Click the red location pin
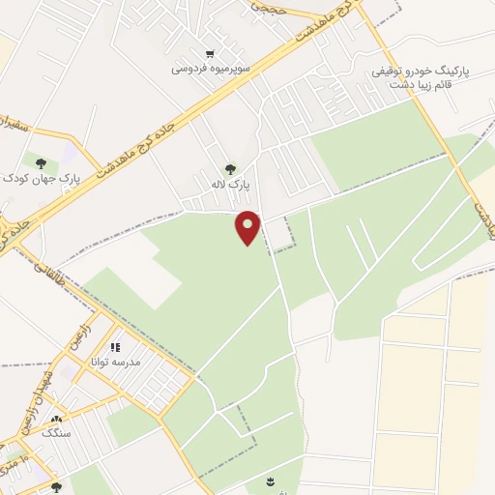click(248, 227)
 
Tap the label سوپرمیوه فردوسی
click(212, 69)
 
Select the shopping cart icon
click(210, 53)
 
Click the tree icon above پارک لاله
click(229, 169)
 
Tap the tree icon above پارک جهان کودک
click(41, 162)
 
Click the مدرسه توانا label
click(116, 362)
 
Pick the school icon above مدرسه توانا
click(115, 347)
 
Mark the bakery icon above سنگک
click(55, 421)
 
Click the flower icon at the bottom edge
click(269, 480)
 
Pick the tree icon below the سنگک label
click(56, 487)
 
